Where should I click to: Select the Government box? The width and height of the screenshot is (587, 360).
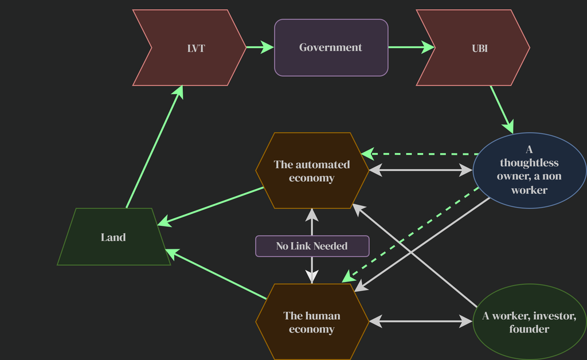331,48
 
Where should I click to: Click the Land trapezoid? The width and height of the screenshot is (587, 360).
114,237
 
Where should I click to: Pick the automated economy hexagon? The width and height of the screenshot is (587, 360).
312,171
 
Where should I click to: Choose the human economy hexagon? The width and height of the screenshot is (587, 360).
312,322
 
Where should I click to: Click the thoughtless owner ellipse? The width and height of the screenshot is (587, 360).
529,170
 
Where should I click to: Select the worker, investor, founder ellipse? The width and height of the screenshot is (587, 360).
529,322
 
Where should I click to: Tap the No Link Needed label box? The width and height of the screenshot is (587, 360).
312,246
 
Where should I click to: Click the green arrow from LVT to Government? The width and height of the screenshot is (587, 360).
260,47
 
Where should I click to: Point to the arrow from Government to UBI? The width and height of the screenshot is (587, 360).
412,47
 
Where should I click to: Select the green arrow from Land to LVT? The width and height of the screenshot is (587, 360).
154,147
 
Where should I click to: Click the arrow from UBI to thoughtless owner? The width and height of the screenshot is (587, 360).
502,109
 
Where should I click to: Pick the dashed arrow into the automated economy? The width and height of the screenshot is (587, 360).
420,154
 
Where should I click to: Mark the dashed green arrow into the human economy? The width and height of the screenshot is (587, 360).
410,235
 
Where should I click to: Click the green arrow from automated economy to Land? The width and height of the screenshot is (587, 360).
210,206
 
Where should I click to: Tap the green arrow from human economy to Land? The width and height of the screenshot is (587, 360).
216,274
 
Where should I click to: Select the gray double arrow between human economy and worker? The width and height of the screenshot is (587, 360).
421,321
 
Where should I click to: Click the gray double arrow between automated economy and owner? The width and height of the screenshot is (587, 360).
421,170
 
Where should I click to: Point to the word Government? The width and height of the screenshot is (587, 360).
331,48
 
